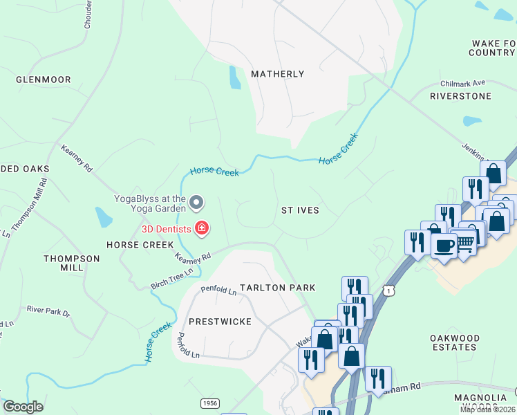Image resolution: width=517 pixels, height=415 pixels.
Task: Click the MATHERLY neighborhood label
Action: [277, 74]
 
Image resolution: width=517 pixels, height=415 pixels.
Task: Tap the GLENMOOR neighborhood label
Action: [44, 80]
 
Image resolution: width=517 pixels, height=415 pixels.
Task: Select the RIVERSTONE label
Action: [460, 96]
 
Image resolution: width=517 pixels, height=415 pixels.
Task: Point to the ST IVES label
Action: [301, 210]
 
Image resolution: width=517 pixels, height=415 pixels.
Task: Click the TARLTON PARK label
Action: [277, 288]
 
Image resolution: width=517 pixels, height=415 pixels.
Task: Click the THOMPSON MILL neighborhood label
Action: [72, 264]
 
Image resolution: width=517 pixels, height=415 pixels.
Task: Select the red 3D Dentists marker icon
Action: [203, 228]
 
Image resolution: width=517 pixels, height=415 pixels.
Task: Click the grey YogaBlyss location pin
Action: [196, 203]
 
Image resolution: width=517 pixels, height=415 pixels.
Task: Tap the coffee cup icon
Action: [444, 245]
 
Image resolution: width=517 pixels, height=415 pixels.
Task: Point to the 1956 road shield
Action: [211, 403]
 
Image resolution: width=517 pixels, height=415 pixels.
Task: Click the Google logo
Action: [23, 407]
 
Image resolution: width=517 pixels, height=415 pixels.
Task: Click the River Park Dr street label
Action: [48, 311]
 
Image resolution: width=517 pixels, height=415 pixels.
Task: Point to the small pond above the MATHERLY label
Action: [235, 78]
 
